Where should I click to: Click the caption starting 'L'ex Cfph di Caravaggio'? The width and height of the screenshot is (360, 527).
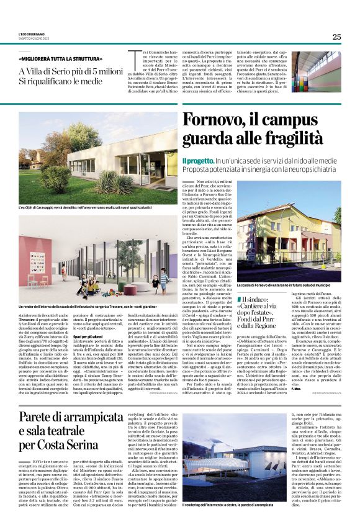tap(74, 206)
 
